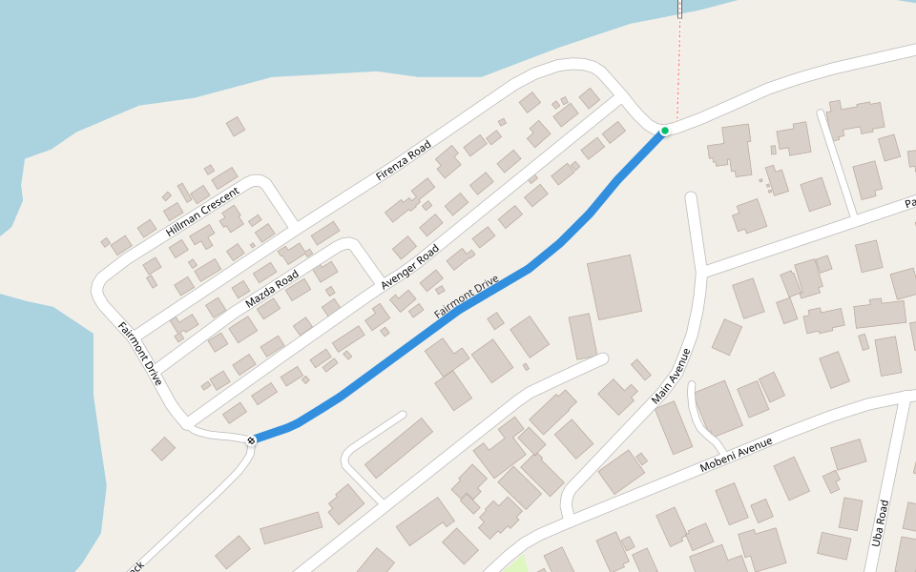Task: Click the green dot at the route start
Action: click(665, 130)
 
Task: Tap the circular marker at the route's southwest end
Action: click(251, 439)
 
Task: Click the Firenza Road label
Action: click(404, 160)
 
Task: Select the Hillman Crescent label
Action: click(201, 212)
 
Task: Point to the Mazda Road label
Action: click(272, 289)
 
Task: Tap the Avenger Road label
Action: click(410, 266)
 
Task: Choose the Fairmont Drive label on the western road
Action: click(141, 353)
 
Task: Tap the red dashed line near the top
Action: click(679, 67)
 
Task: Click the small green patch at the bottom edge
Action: click(515, 563)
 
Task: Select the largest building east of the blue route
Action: click(614, 286)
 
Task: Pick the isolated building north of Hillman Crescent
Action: click(236, 126)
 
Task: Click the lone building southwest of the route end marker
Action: click(163, 448)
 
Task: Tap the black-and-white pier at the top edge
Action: click(679, 9)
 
